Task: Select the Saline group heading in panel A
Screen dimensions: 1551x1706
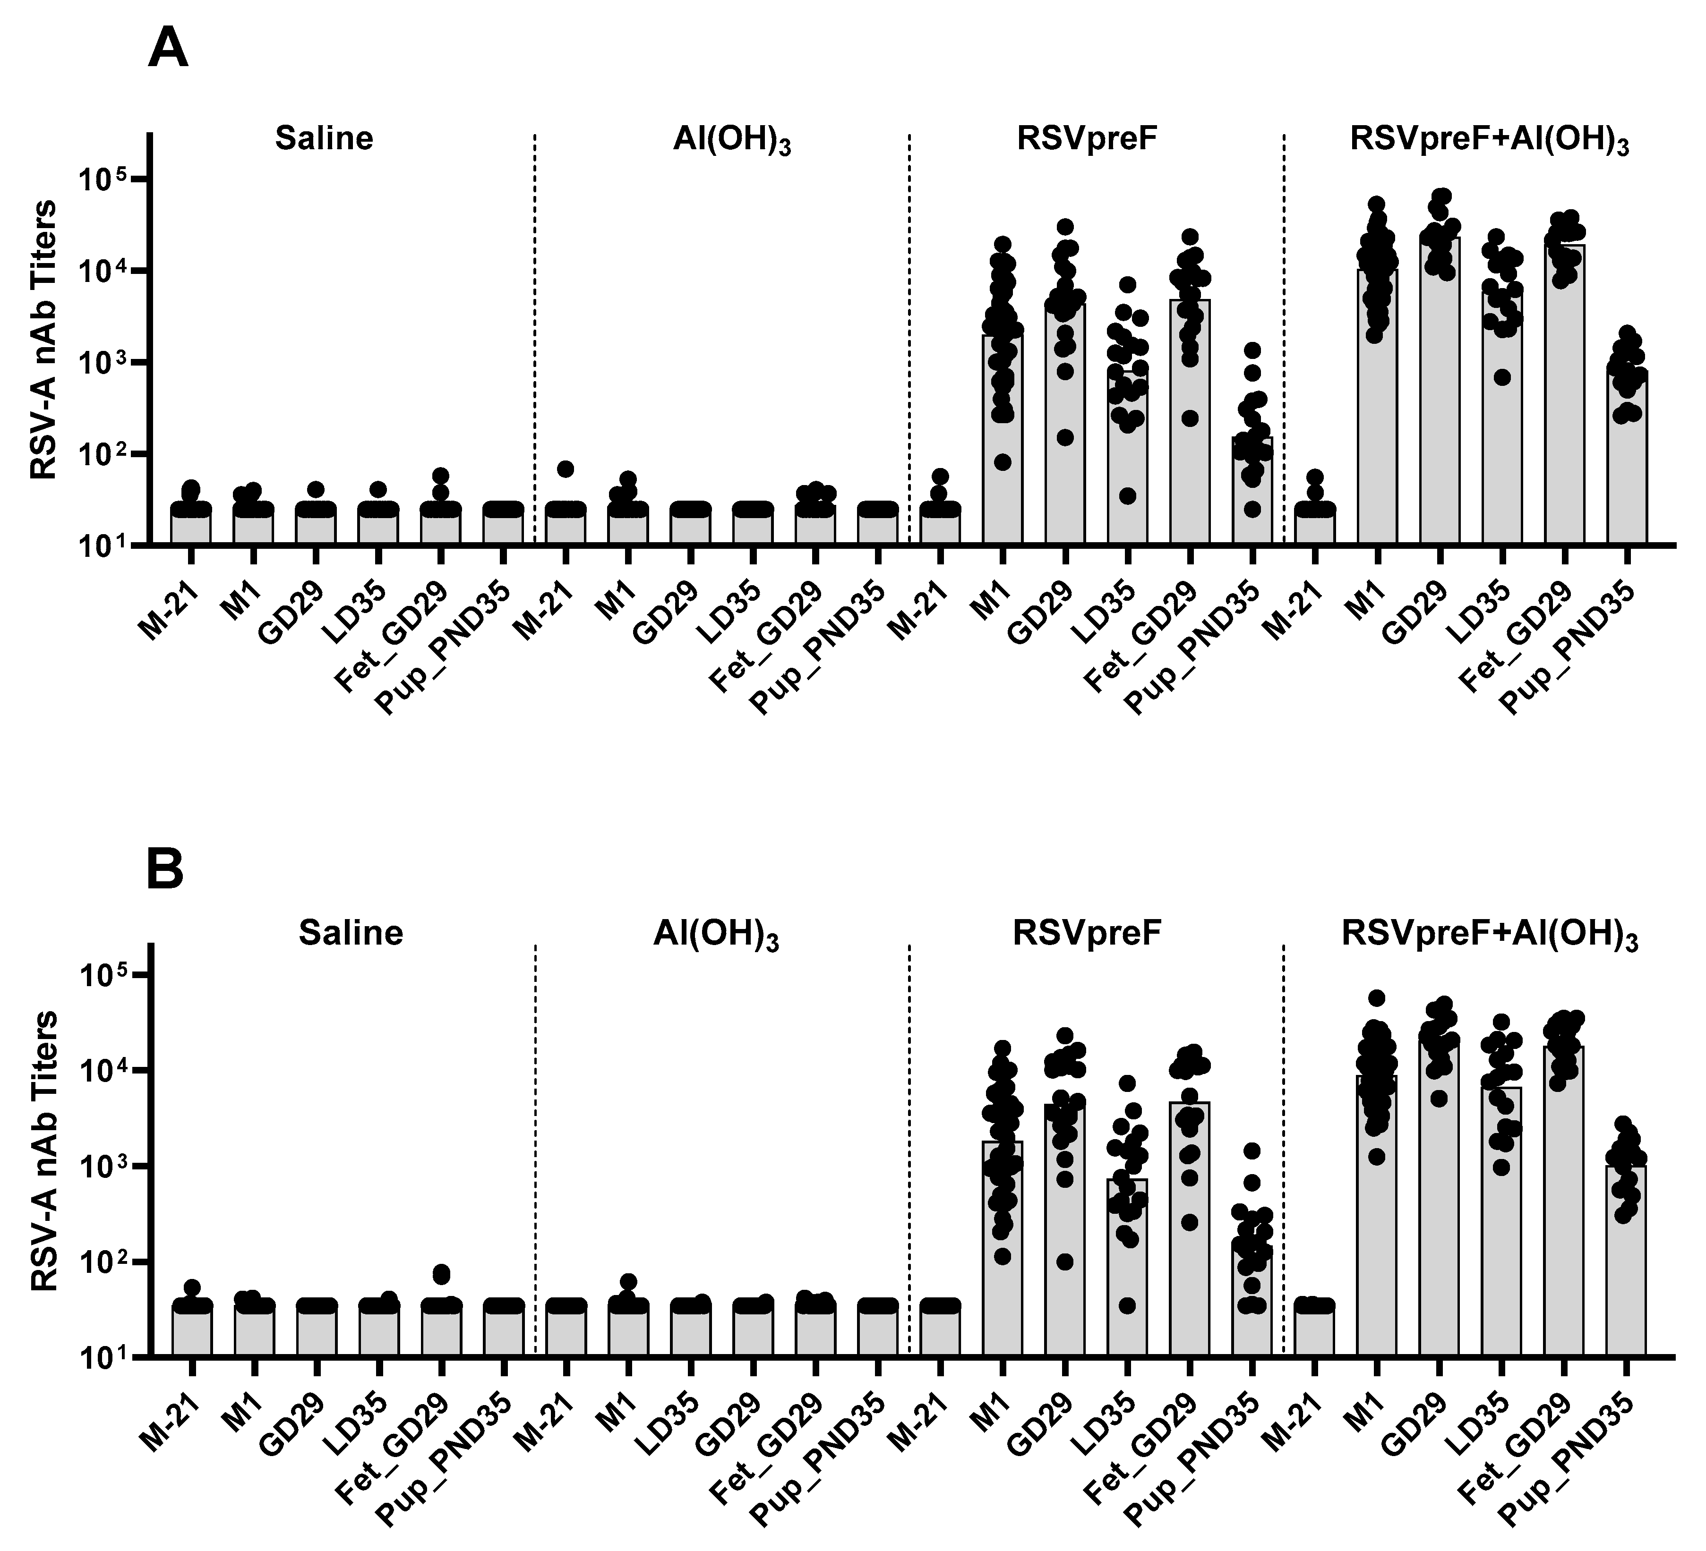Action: [x=324, y=138]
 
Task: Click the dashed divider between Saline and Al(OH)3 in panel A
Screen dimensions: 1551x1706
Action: [x=535, y=339]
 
